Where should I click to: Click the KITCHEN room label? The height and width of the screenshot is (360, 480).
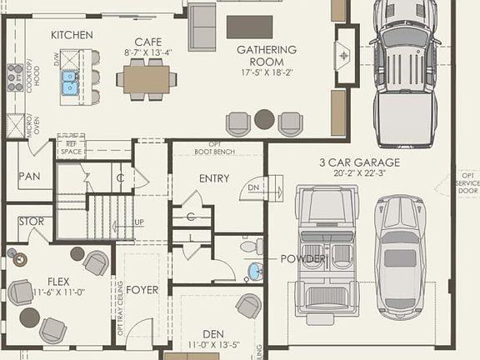click(x=71, y=35)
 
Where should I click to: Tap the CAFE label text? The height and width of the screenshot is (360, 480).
click(x=147, y=41)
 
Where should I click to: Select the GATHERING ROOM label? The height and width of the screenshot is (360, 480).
click(x=266, y=50)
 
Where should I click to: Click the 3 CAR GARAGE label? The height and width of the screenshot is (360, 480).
click(x=360, y=162)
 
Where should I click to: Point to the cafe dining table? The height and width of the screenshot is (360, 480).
click(x=147, y=79)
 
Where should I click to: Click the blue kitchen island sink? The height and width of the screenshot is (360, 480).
click(x=68, y=82)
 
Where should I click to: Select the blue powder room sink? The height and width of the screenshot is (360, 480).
click(x=255, y=271)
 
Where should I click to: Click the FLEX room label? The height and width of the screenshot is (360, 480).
click(x=57, y=281)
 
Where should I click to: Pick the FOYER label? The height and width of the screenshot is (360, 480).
click(x=143, y=291)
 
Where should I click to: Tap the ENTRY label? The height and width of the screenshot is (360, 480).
click(x=214, y=178)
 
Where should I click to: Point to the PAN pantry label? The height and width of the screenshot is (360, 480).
click(x=30, y=176)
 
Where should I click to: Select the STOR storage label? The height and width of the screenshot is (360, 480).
click(x=31, y=222)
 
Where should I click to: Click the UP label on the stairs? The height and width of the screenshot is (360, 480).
click(x=139, y=222)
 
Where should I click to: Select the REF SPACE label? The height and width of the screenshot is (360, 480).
click(x=71, y=147)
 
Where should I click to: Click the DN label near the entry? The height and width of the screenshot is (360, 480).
click(x=255, y=188)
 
